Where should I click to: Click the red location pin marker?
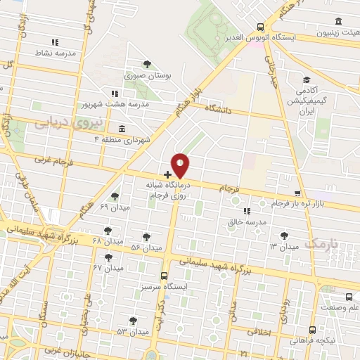click(181, 165)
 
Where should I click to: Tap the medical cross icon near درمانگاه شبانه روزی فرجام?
click(167, 174)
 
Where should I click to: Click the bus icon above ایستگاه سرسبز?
click(165, 276)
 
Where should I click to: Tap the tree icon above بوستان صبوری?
click(146, 64)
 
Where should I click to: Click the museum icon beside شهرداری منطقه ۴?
click(122, 129)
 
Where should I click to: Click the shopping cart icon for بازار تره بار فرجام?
click(298, 193)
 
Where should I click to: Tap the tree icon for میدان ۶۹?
click(115, 196)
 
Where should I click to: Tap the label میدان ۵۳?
click(134, 330)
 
